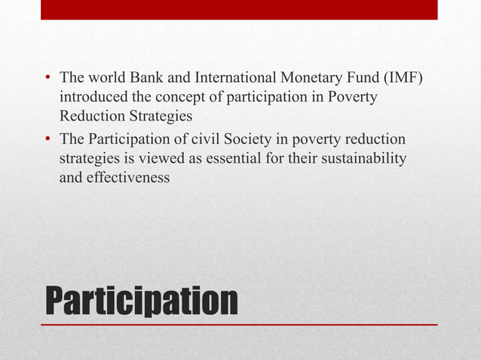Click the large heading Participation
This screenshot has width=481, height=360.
coord(142,301)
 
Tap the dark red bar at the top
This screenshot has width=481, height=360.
coord(239,9)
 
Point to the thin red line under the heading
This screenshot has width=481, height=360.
coord(239,325)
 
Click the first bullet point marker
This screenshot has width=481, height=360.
coord(47,78)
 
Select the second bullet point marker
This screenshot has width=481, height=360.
coord(47,140)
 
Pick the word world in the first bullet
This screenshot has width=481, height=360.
coord(100,78)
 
